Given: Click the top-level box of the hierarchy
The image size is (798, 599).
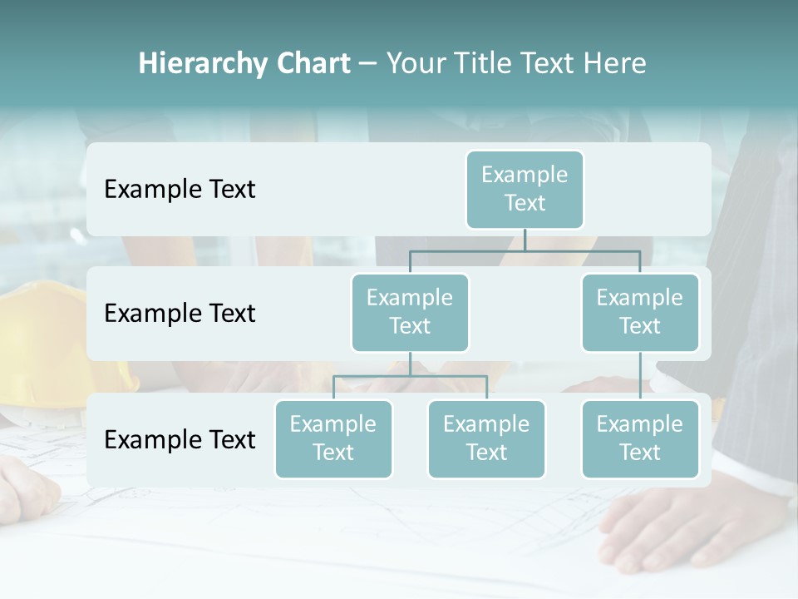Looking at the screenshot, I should (525, 189).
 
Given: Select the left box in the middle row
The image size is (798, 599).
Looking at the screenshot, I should (410, 312).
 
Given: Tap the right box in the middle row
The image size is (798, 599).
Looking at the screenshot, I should (640, 312).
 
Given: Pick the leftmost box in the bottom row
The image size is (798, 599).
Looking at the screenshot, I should (333, 438).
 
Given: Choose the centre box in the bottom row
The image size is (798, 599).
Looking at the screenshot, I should (486, 438).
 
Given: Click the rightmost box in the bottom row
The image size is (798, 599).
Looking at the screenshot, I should (640, 438).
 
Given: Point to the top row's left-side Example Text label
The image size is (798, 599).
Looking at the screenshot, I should (180, 190).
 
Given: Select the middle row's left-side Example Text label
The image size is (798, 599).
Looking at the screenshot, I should (180, 314).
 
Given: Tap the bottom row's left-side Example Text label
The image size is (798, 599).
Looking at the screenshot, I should (180, 439).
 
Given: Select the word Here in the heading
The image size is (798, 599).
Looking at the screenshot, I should (614, 63).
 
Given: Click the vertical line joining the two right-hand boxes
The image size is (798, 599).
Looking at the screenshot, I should (640, 376).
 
